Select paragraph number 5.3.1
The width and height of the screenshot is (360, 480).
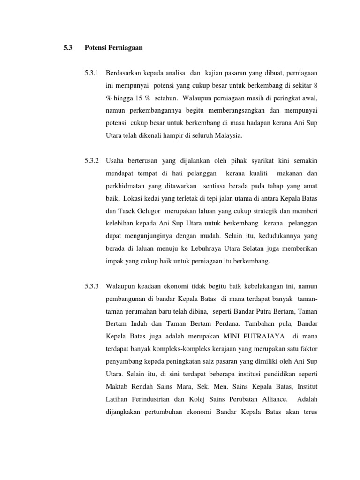point(92,74)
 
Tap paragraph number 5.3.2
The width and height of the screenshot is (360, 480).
point(92,160)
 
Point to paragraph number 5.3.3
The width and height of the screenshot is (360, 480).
point(92,285)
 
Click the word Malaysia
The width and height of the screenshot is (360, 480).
point(228,135)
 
